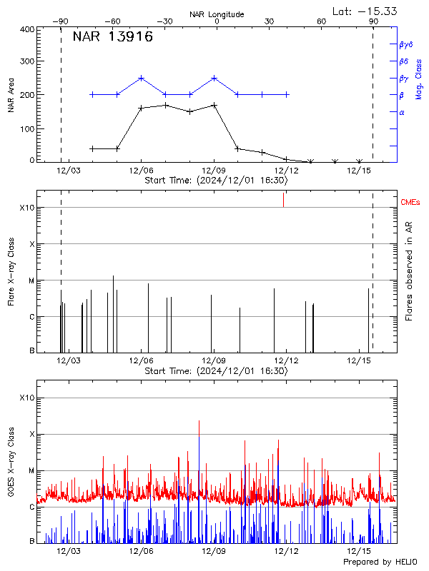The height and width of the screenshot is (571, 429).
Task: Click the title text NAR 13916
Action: click(112, 38)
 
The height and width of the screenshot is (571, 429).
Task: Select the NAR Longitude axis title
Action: click(217, 14)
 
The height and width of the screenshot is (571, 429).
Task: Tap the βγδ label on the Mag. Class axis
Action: click(406, 44)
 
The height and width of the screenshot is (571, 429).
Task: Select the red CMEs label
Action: click(410, 203)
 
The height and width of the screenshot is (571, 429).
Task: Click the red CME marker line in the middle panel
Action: click(283, 200)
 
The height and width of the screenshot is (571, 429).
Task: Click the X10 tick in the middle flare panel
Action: click(27, 208)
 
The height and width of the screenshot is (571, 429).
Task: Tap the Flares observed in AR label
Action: click(409, 272)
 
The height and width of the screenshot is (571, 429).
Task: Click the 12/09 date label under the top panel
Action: click(214, 171)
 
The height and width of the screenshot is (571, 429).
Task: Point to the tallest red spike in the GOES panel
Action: click(199, 423)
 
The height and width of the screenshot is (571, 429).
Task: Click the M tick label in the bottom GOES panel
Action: click(31, 471)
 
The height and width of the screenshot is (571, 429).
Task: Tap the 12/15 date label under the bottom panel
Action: click(358, 551)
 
